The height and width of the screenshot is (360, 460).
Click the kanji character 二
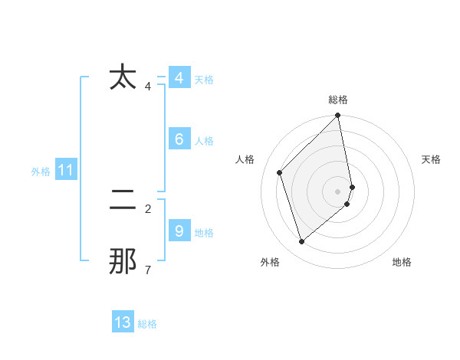coord(123,200)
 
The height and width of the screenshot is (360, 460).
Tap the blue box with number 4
coord(179,78)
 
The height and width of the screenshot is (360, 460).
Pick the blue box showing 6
coord(179,139)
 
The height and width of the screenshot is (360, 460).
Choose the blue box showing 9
coord(179,231)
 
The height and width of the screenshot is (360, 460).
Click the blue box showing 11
coord(65,170)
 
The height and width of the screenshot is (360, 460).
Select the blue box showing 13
coord(123,322)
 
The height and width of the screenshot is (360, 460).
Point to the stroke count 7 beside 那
coord(147,270)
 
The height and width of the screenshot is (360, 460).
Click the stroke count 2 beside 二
coord(147,208)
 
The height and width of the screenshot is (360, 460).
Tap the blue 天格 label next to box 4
coord(204,80)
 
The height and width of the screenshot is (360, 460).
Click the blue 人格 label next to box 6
coord(204,141)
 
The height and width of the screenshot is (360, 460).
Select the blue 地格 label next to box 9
coord(204,233)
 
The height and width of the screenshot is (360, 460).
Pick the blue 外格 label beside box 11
coord(41,172)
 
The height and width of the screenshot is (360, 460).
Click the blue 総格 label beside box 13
coord(147,325)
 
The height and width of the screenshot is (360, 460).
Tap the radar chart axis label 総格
coord(338,100)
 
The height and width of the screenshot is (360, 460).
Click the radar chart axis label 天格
coord(432,159)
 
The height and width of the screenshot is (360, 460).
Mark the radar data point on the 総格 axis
coord(338,116)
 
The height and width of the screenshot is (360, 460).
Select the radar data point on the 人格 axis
coord(280,172)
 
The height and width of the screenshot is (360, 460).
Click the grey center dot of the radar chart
coord(338,191)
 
